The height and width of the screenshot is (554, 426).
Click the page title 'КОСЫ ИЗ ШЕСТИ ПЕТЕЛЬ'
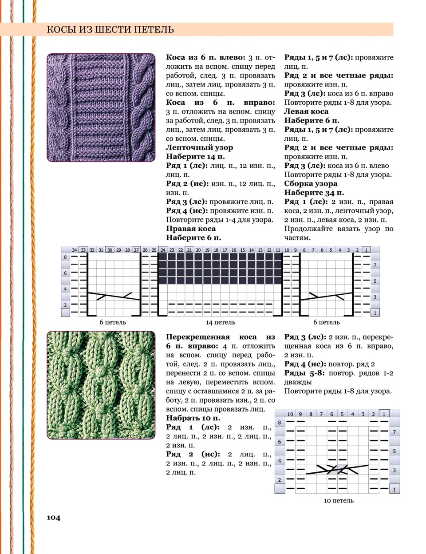click(110, 30)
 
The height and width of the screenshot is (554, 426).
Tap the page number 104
click(53, 517)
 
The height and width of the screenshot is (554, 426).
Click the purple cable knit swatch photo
click(101, 107)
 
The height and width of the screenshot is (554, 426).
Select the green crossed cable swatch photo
click(101, 385)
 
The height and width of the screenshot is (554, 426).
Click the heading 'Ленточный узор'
click(199, 147)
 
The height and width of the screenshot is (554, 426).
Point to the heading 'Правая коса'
click(191, 229)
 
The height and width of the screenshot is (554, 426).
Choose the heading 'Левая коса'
click(306, 111)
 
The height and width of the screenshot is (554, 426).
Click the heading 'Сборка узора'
click(311, 183)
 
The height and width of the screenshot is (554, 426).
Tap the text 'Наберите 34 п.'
click(314, 193)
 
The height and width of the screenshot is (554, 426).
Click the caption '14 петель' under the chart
click(220, 322)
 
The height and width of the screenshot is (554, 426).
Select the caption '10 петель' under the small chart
click(339, 500)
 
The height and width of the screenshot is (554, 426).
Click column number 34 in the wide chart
click(74, 250)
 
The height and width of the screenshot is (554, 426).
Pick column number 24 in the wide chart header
click(163, 250)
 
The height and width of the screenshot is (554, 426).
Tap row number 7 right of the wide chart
click(375, 265)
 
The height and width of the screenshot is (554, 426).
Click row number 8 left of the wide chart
click(65, 257)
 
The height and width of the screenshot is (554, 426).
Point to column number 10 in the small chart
click(290, 414)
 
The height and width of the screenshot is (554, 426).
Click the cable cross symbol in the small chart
click(337, 469)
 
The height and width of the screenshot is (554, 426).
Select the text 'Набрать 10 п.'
click(193, 418)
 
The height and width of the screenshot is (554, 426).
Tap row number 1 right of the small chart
click(394, 490)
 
